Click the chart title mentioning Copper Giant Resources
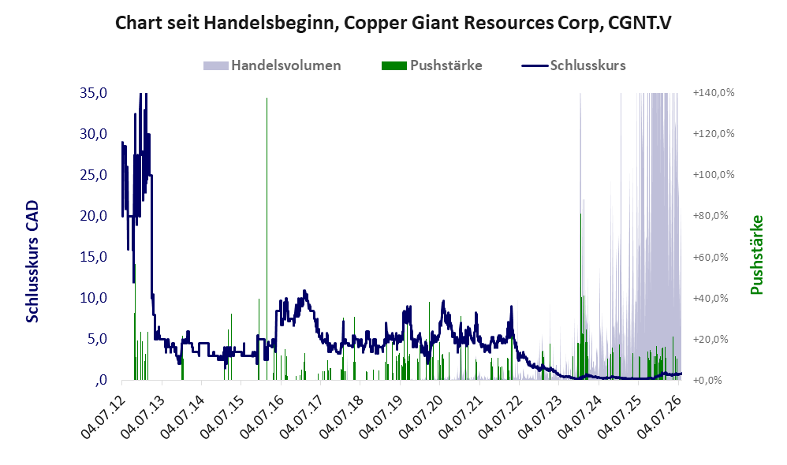[393, 23]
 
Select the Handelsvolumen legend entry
[272, 65]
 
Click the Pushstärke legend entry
[431, 65]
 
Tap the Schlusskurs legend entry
[573, 65]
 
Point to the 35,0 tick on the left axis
[93, 93]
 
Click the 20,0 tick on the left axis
[93, 216]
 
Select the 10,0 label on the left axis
[93, 298]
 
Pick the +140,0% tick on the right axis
[714, 93]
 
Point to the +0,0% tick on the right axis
[707, 380]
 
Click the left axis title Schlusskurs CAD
[32, 262]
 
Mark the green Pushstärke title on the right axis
[757, 255]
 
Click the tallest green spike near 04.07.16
[267, 239]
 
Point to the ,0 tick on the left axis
[100, 380]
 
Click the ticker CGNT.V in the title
[640, 23]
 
